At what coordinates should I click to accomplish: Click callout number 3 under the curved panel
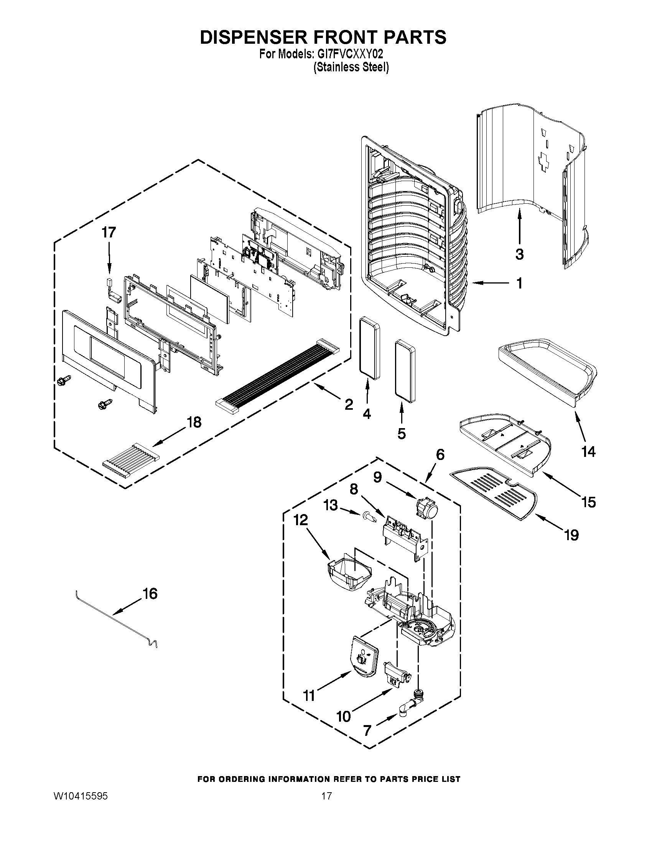[x=520, y=254]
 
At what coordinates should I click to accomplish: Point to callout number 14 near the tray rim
[x=588, y=452]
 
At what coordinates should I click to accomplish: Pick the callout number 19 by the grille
[x=571, y=535]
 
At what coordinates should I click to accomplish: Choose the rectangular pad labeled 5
[x=404, y=371]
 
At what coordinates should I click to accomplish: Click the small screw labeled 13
[x=369, y=517]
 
